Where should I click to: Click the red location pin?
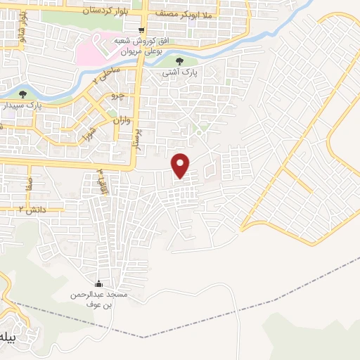181,165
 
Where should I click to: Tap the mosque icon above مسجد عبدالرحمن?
108,284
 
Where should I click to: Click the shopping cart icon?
142,30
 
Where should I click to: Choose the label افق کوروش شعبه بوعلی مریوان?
148,46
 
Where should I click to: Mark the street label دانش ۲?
32,209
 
